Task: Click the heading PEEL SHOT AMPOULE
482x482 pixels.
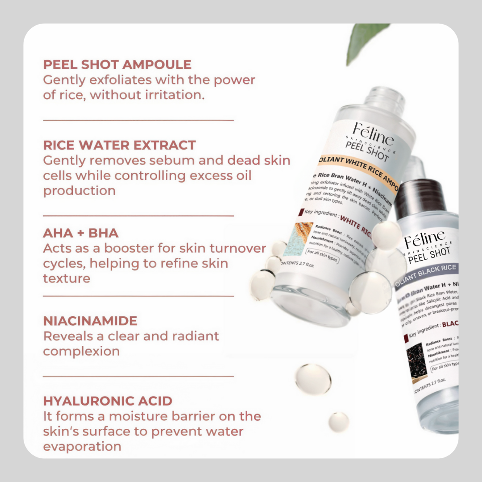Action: (x=117, y=65)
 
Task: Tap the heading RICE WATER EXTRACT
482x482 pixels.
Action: (x=119, y=145)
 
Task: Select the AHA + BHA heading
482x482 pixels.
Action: (x=81, y=233)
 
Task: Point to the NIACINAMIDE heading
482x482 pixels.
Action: (x=90, y=321)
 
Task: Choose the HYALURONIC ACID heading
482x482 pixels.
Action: (x=108, y=401)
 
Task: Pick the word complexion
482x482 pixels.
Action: (x=81, y=351)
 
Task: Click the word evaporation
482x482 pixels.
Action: (x=82, y=447)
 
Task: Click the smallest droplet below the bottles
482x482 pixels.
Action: (x=338, y=422)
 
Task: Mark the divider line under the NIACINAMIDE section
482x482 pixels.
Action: (x=138, y=376)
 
